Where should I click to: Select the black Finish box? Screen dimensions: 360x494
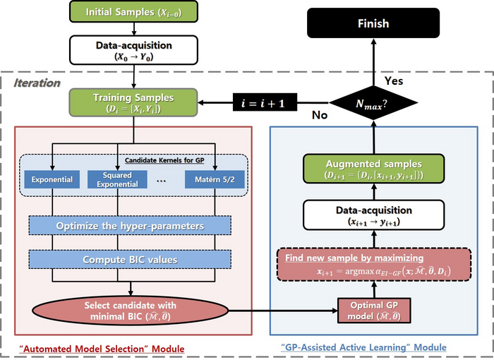(373, 23)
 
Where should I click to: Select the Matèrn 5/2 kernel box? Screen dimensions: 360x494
(215, 179)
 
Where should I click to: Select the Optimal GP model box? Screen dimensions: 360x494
(373, 309)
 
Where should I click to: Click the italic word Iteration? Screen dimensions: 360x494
(38, 83)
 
